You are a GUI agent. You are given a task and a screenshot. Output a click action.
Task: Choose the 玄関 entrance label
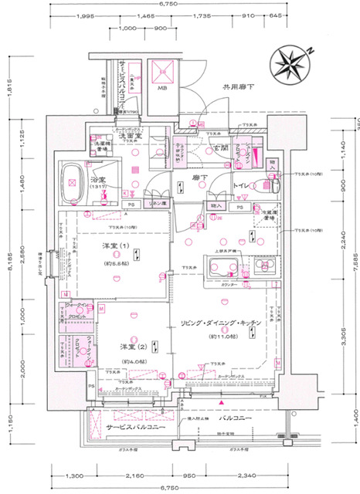coord(220,147)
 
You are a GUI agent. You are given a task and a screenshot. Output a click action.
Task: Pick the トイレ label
coord(245,186)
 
